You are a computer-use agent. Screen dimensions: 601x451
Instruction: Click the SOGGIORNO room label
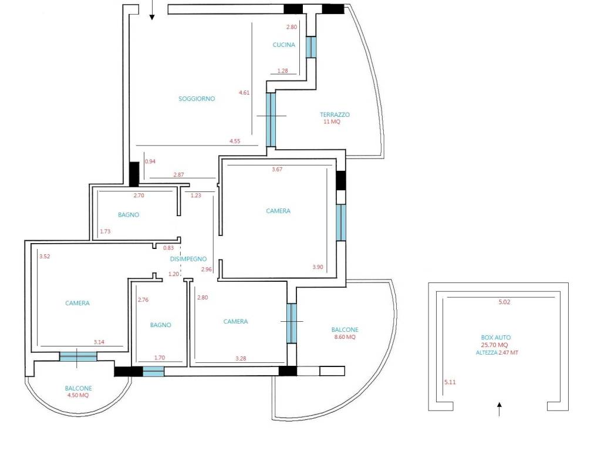pos(197,99)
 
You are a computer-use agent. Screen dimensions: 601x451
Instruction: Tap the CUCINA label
pos(283,45)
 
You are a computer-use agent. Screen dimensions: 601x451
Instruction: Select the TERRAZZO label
pos(335,115)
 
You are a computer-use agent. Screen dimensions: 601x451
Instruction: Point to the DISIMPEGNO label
pos(188,259)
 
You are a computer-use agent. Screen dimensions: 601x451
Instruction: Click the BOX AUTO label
pos(496,338)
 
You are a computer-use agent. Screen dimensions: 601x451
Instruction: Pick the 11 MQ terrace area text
pos(332,122)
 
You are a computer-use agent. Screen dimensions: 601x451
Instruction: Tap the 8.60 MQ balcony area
pos(345,336)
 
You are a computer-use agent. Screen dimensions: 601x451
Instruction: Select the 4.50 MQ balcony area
pos(78,395)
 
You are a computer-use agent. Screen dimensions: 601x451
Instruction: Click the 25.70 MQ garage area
pos(494,345)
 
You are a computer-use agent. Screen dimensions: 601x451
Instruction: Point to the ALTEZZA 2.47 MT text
pos(497,352)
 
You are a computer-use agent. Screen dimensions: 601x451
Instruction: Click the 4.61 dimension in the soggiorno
pos(244,92)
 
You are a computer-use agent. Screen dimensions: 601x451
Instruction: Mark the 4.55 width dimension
pos(235,141)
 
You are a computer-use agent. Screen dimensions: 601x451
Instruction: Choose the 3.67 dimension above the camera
pos(277,169)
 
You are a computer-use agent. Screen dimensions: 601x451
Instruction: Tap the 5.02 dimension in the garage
pos(504,302)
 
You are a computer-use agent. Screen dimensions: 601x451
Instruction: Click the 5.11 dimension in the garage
pos(450,382)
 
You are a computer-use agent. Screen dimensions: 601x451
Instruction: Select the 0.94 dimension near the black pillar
pos(150,161)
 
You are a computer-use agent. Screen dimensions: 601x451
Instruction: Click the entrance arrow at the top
pos(152,10)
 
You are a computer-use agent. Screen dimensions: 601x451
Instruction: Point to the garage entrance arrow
pos(499,409)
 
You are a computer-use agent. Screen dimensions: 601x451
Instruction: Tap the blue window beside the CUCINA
pos(311,47)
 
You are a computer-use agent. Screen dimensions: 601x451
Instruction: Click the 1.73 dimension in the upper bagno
pos(105,231)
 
